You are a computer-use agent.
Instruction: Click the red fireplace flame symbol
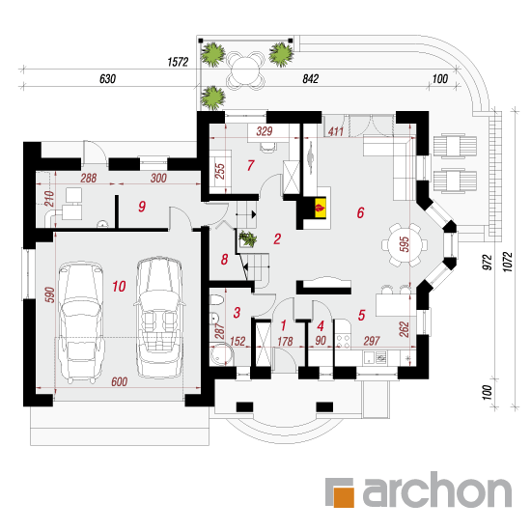(320, 208)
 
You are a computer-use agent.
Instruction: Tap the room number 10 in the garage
(119, 287)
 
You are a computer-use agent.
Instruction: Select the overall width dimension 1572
(178, 62)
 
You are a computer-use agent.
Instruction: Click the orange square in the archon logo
(344, 496)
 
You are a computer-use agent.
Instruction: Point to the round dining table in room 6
(405, 244)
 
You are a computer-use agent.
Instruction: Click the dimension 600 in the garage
(119, 381)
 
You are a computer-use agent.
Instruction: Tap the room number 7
(251, 165)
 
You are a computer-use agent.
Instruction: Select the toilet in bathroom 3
(216, 300)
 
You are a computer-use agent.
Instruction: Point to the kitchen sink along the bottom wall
(376, 357)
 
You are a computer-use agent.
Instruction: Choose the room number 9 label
(142, 207)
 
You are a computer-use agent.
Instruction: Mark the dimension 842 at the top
(311, 79)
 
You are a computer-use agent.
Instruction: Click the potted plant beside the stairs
(247, 238)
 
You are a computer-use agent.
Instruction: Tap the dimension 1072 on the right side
(508, 262)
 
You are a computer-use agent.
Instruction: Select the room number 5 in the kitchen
(362, 316)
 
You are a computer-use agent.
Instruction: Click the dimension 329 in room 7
(265, 131)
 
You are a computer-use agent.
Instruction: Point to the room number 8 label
(224, 260)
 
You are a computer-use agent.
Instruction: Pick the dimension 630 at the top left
(107, 79)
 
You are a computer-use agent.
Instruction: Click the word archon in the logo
(437, 489)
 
